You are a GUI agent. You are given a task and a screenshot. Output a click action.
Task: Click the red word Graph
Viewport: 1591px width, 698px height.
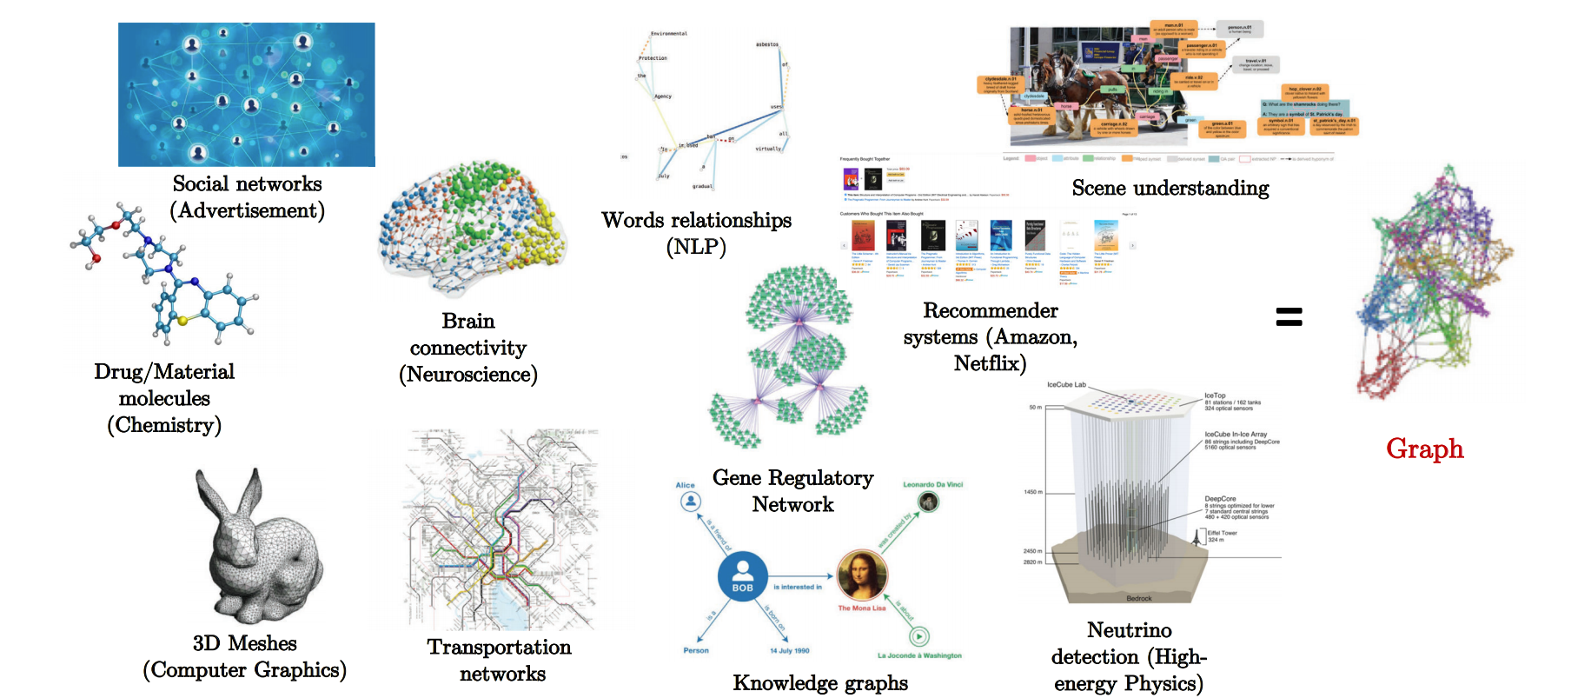click(x=1424, y=449)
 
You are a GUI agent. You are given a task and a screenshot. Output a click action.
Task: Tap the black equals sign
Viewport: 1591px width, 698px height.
click(x=1289, y=317)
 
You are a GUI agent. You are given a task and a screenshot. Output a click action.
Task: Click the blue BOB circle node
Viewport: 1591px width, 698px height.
click(x=742, y=575)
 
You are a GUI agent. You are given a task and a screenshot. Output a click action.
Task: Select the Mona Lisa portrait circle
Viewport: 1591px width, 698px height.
click(x=861, y=575)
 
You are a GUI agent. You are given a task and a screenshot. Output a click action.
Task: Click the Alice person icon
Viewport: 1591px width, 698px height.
click(x=690, y=502)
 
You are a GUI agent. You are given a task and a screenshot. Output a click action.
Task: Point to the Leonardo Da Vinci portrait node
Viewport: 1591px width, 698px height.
click(x=929, y=502)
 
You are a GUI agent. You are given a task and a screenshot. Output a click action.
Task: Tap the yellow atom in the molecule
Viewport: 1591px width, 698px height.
click(x=182, y=321)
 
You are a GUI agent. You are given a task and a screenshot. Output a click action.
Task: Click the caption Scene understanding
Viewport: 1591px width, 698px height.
click(x=1170, y=188)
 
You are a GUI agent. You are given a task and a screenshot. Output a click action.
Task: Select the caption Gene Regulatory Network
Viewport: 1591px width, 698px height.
click(x=792, y=491)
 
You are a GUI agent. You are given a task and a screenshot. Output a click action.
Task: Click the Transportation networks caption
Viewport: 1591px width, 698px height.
click(x=501, y=660)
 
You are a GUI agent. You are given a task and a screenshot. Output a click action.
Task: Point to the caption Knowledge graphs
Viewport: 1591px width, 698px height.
click(x=819, y=683)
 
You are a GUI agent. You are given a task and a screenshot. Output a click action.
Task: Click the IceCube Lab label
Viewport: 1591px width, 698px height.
click(x=1066, y=384)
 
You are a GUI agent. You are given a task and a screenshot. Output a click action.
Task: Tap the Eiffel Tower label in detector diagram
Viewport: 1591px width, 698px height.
click(x=1222, y=534)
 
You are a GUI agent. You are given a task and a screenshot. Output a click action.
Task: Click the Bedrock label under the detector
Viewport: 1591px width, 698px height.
click(x=1138, y=599)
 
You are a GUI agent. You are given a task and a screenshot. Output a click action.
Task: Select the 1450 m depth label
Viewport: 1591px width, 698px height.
click(x=1032, y=492)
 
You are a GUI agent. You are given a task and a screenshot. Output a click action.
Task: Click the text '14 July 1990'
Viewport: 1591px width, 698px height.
click(x=789, y=651)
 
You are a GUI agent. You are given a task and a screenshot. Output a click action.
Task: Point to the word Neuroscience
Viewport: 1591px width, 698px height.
click(x=467, y=375)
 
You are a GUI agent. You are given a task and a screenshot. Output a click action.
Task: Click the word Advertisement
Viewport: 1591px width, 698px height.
click(x=247, y=210)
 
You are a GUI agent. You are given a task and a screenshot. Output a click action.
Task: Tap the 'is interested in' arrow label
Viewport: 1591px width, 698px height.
click(x=798, y=587)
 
